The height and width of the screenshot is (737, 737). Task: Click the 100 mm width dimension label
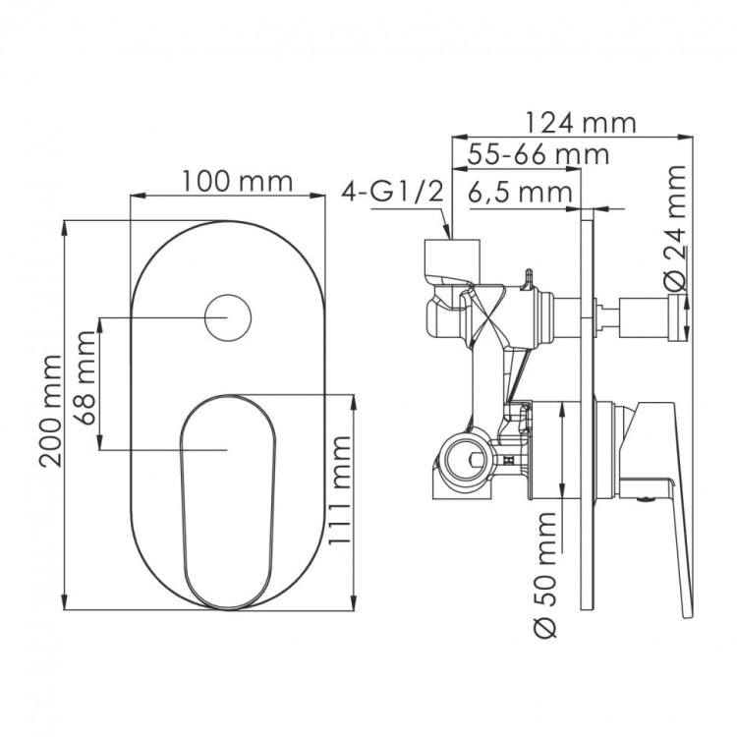tap(237, 182)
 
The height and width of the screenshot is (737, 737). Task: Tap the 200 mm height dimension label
tap(51, 411)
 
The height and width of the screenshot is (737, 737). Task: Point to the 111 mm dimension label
tap(339, 490)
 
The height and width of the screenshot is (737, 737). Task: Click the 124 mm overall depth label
tap(580, 123)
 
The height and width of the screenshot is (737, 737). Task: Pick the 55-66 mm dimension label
tap(539, 154)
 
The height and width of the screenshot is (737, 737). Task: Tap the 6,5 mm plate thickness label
tap(520, 193)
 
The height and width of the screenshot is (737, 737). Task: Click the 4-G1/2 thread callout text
tap(392, 193)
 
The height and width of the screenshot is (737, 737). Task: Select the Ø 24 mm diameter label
tap(675, 228)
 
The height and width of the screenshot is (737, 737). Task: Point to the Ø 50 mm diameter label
tap(545, 575)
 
